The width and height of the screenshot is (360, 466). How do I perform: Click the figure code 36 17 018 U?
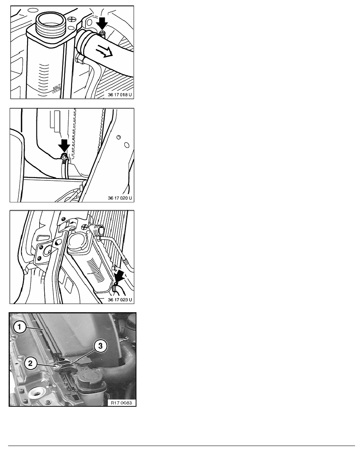coord(120,95)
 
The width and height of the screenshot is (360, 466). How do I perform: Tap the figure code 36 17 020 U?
coord(120,198)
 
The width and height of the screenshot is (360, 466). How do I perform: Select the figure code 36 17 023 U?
coord(120,300)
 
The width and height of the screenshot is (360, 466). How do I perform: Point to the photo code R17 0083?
coord(122,403)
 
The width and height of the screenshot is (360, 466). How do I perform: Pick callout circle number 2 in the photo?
coord(30,363)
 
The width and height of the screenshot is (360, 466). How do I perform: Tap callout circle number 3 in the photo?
coord(100,346)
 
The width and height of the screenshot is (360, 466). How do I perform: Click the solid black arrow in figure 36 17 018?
coord(102,23)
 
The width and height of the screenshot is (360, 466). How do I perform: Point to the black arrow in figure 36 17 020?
coord(64,146)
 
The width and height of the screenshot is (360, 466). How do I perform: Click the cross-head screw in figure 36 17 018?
coord(72,20)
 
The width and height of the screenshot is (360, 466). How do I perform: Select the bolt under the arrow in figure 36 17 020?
coord(63,156)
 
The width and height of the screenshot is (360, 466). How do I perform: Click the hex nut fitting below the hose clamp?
coord(79,58)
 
